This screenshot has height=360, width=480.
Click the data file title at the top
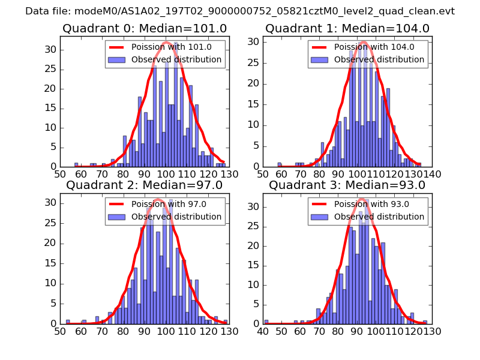240,11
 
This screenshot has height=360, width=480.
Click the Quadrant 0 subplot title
144,29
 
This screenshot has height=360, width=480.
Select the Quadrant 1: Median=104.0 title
347,29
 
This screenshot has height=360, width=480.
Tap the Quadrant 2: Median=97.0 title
144,185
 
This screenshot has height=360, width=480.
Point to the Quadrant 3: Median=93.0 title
347,185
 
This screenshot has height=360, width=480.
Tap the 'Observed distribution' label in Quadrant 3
379,217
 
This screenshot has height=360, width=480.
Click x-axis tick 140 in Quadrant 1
432,174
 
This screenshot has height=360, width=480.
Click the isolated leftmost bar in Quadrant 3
266,322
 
